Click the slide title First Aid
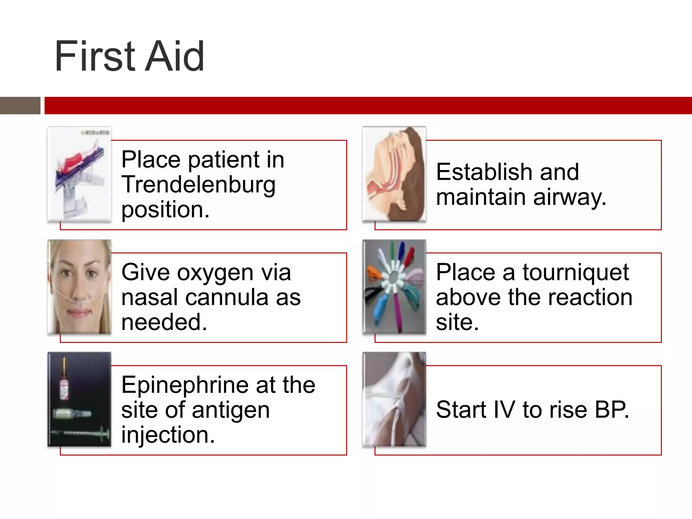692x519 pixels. (129, 56)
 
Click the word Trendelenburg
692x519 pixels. (198, 185)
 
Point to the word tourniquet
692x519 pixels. (575, 272)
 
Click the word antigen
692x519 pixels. (231, 410)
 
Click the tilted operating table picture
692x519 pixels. (79, 174)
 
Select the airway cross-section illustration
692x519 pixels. (394, 174)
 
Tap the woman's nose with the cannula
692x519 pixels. (78, 291)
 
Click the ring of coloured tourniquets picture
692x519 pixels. (394, 287)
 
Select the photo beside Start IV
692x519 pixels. (394, 399)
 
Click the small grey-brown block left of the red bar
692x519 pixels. (20, 105)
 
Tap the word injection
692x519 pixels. (168, 435)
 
